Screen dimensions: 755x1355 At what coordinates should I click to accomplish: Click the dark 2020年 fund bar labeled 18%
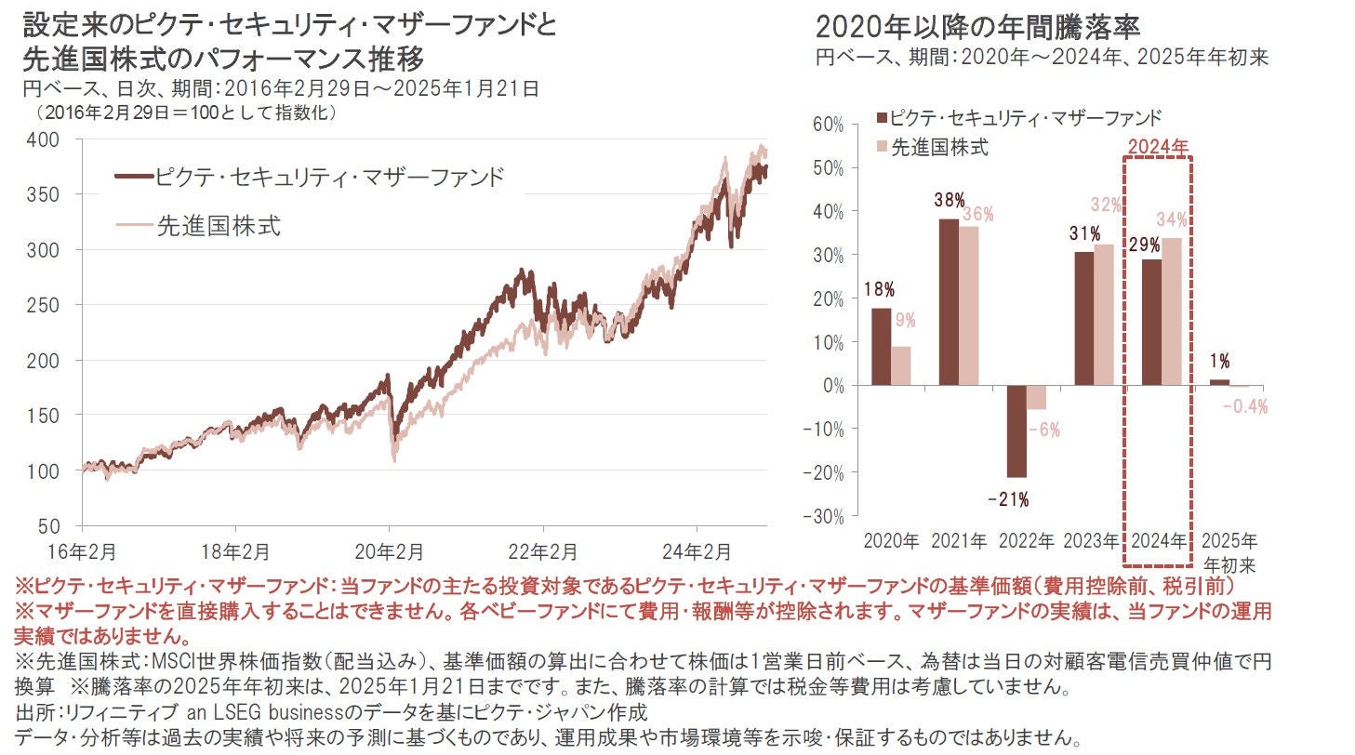tap(882, 347)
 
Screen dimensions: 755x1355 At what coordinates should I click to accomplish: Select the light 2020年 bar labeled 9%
tap(901, 365)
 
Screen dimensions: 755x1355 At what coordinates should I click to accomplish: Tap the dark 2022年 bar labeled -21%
tap(1016, 431)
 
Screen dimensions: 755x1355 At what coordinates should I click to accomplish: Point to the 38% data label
tap(948, 201)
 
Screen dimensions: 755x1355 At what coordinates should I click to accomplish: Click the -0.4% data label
tap(1244, 406)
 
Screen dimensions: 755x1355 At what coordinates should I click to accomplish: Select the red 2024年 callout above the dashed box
tap(1158, 146)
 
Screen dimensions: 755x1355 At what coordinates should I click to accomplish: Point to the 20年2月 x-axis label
tap(390, 550)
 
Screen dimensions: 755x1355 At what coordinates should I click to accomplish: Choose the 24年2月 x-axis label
tap(700, 550)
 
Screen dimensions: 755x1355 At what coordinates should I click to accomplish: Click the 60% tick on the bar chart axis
tap(829, 125)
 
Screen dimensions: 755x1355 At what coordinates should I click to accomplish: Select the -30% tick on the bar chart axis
tap(825, 516)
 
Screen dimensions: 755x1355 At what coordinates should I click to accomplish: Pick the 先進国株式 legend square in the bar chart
tap(881, 147)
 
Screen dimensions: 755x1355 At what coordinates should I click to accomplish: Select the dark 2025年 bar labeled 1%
tap(1218, 382)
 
